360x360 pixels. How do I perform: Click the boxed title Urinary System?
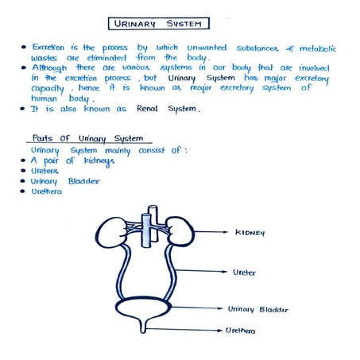click(159, 24)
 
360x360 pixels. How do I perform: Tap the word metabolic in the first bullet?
click(306, 48)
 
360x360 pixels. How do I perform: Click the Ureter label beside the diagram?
click(244, 272)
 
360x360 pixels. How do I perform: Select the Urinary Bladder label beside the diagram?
click(258, 309)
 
